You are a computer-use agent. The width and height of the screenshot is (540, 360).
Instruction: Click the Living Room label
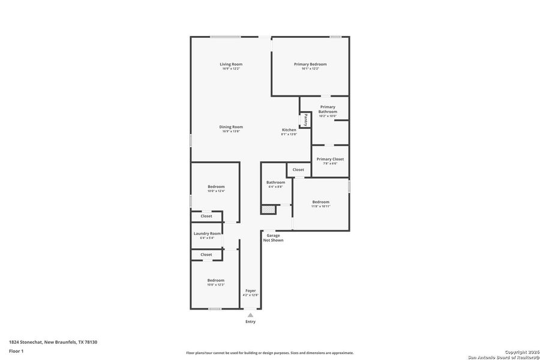tap(231, 64)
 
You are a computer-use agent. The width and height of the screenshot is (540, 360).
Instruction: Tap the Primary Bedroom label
tap(310, 64)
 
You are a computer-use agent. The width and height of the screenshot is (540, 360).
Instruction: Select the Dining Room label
tap(231, 127)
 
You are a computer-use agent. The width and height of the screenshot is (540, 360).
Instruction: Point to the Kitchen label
tap(289, 130)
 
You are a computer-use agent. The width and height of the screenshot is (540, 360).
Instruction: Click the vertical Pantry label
tap(306, 119)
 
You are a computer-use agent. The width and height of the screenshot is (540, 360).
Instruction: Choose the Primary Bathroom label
tap(328, 109)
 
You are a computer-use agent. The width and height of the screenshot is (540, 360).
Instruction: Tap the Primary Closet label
tap(331, 159)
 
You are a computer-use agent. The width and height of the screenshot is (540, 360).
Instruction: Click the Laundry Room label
tap(207, 233)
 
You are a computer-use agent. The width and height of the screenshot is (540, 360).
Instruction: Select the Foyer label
tap(250, 290)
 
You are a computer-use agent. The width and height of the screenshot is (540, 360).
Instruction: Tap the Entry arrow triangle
tap(250, 314)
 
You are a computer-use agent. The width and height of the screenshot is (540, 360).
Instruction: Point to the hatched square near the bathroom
tap(268, 209)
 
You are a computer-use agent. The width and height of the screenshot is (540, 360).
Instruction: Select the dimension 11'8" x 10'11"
tap(320, 206)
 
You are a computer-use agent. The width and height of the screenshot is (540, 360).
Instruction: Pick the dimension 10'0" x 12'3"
tap(215, 284)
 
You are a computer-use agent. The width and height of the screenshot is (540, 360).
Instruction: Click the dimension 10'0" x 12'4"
tap(215, 191)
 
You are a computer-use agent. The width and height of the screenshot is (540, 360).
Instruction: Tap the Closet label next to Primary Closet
tap(298, 170)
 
